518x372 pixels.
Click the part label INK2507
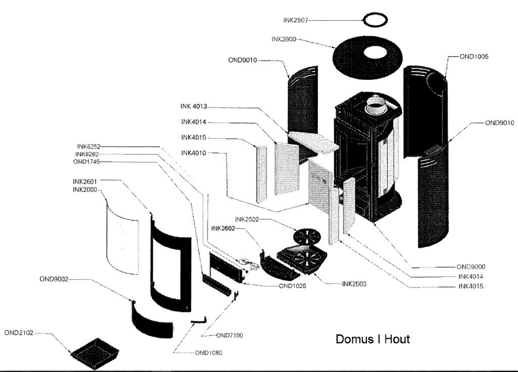295,20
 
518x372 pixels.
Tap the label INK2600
284,39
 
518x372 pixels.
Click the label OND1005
473,57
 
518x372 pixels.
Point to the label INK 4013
194,106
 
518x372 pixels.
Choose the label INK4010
194,153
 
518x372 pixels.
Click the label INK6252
89,146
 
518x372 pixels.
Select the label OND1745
86,161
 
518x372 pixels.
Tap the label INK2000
85,190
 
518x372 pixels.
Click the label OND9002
54,279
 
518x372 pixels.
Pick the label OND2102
19,333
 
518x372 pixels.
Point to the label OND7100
230,335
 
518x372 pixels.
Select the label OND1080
208,353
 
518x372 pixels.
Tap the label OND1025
293,285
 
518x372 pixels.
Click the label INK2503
354,284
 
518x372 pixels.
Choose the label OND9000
471,267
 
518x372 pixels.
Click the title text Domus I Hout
373,339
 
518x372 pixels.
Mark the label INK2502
247,219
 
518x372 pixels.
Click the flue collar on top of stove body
376,105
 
